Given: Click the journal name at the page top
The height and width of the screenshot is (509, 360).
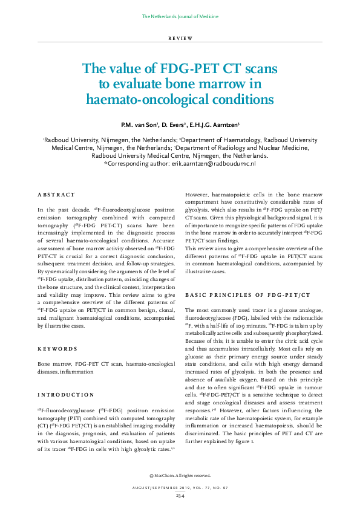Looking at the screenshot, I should [180, 16].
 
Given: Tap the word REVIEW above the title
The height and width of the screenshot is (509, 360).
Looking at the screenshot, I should [180, 38].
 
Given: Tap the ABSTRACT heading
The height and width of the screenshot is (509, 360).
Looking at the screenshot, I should [56, 195].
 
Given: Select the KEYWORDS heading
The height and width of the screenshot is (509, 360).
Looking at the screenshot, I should [57, 349].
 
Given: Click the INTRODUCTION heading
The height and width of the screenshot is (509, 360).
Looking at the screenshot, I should [65, 395].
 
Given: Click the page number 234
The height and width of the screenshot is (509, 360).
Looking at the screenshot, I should [180, 495].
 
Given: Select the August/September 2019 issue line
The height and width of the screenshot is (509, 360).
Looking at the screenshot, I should [180, 487].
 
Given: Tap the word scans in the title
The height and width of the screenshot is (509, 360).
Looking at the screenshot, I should [258, 68].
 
